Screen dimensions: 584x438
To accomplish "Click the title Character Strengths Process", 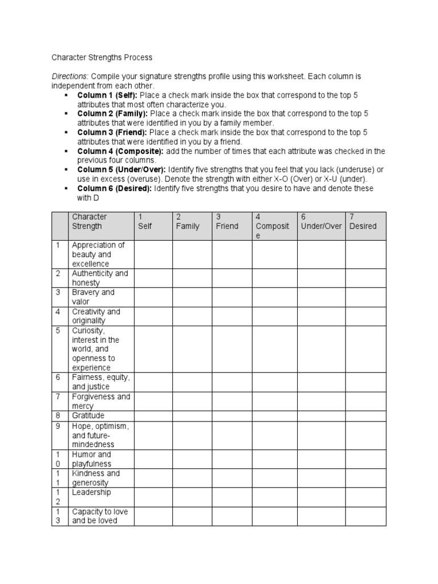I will click(102, 58).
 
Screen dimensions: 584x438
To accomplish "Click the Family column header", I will click(188, 226).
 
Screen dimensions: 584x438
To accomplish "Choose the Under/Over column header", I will click(321, 226).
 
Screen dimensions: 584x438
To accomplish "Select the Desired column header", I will click(363, 226).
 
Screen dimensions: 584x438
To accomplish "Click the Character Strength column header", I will click(89, 221).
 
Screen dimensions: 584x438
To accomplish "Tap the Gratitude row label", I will click(88, 416).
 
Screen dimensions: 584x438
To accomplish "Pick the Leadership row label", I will click(91, 492).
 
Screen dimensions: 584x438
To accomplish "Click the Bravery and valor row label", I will click(93, 297).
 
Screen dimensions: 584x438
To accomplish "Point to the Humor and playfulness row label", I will click(92, 459).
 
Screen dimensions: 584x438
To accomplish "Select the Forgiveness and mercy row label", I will click(100, 401).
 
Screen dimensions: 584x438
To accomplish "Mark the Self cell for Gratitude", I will click(153, 416).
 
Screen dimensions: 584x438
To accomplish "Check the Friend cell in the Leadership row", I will click(232, 497).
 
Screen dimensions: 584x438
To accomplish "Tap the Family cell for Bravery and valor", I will click(192, 297).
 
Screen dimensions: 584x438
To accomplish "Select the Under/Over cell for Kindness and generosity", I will click(321, 478).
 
